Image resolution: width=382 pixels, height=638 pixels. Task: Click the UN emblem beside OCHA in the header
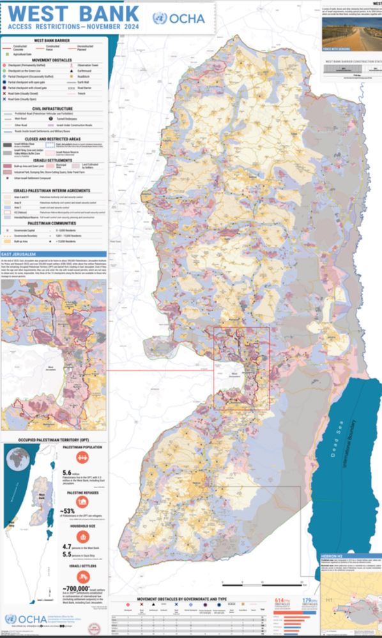[160, 18]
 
